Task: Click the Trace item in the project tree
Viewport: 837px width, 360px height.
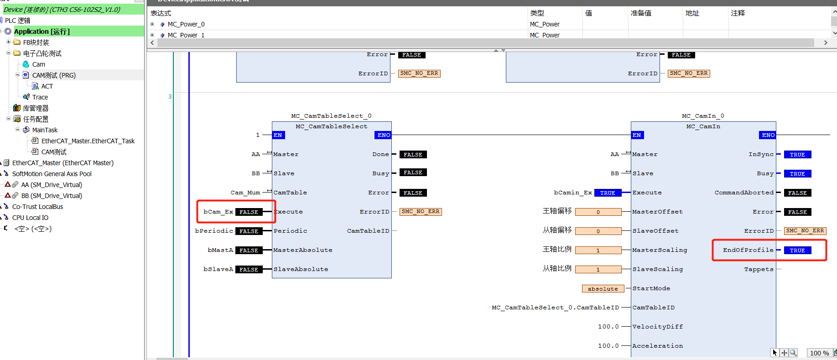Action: (x=40, y=97)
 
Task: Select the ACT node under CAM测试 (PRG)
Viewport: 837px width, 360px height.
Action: (x=47, y=86)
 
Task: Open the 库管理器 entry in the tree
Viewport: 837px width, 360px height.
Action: (x=36, y=108)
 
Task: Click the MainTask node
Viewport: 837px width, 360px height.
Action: (x=45, y=130)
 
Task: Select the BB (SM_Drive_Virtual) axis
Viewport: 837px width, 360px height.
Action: (x=52, y=196)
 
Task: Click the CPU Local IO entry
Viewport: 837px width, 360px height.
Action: (x=30, y=218)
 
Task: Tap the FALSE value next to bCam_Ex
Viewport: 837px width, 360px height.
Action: (x=249, y=212)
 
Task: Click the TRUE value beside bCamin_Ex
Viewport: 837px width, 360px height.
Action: (x=608, y=193)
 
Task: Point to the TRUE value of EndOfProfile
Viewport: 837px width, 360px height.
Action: (x=797, y=250)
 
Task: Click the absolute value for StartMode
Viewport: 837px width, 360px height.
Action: (x=603, y=289)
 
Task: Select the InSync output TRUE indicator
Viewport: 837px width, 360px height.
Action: (x=797, y=155)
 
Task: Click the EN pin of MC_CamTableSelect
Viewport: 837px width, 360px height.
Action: (x=278, y=135)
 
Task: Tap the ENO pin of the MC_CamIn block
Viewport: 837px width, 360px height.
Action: (x=768, y=135)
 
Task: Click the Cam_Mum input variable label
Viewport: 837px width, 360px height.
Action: (x=245, y=193)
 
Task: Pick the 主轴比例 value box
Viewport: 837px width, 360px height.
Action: (x=598, y=250)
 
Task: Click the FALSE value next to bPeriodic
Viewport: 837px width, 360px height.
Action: (x=249, y=231)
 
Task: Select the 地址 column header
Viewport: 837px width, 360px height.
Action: (x=692, y=13)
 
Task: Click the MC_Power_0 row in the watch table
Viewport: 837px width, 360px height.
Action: (x=186, y=24)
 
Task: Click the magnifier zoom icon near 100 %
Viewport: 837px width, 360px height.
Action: (x=793, y=353)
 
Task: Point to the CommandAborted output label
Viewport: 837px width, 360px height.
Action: (x=744, y=193)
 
